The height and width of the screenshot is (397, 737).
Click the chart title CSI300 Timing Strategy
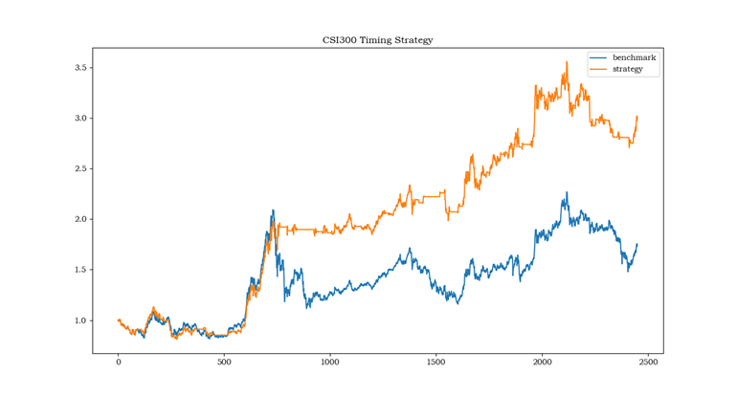(377, 40)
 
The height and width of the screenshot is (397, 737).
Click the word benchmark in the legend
(634, 58)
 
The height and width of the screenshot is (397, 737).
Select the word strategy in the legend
(628, 69)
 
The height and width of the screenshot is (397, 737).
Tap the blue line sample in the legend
(599, 58)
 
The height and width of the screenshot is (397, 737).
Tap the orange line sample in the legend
(599, 69)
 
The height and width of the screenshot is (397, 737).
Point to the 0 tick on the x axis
(119, 363)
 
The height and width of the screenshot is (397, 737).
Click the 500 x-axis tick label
(224, 363)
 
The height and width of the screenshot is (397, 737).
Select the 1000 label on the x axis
(330, 363)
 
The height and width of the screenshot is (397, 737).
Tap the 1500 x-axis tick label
(435, 363)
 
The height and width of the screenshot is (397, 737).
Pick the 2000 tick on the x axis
(542, 363)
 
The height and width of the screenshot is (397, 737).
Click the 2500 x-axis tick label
(647, 363)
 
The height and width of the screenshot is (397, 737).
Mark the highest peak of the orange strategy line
(567, 63)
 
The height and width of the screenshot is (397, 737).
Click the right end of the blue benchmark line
(636, 244)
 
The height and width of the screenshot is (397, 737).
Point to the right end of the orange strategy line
(636, 117)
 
